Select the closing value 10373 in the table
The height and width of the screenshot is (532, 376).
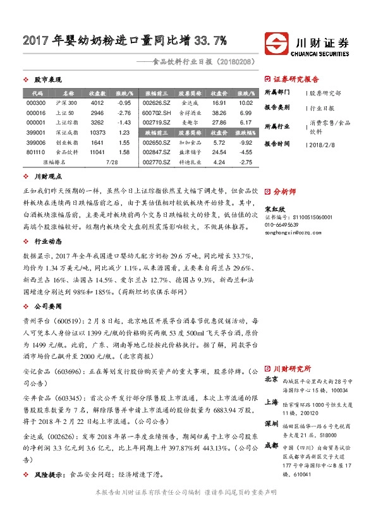97,132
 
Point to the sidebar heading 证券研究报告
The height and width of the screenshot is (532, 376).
296,80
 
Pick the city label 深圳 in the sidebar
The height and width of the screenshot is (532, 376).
271,423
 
